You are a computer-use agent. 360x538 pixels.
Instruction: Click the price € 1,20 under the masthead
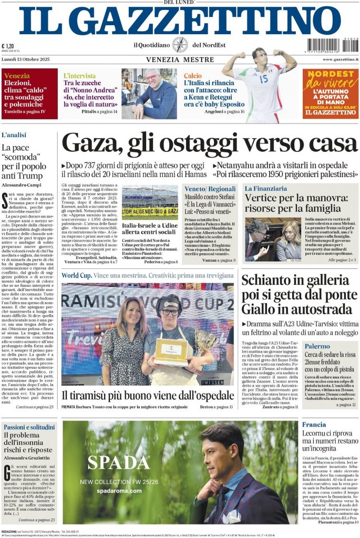pos(8,46)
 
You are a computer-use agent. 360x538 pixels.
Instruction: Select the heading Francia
pos(314,425)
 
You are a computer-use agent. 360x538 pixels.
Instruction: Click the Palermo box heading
pos(317,347)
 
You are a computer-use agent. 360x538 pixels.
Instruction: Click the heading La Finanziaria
pos(265,188)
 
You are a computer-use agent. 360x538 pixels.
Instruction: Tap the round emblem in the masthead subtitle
pos(180,45)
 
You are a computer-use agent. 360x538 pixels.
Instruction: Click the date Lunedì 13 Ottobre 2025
pos(24,59)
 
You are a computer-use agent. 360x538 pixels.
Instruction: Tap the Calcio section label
pos(192,76)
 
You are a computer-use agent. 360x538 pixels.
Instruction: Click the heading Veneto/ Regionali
pos(210,188)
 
